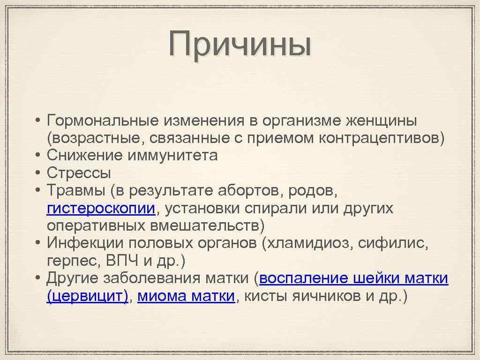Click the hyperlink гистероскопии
(100, 209)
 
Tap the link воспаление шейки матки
(353, 278)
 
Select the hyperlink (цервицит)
(87, 296)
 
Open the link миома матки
(186, 296)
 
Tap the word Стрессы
(79, 173)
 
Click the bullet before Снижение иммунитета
(37, 155)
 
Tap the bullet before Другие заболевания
(37, 278)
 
